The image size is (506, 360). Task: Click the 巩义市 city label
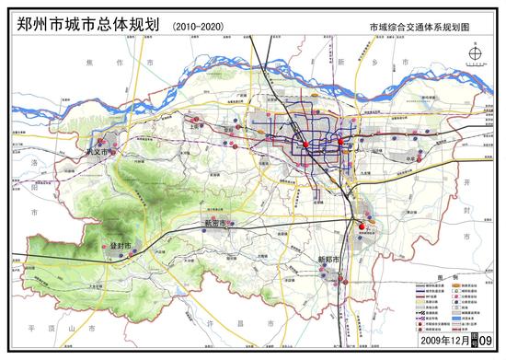pyautogui.click(x=97, y=151)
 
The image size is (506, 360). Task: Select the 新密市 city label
pyautogui.click(x=217, y=224)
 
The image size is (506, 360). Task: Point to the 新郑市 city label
pyautogui.click(x=328, y=261)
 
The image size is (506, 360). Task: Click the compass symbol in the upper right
pyautogui.click(x=473, y=57)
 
